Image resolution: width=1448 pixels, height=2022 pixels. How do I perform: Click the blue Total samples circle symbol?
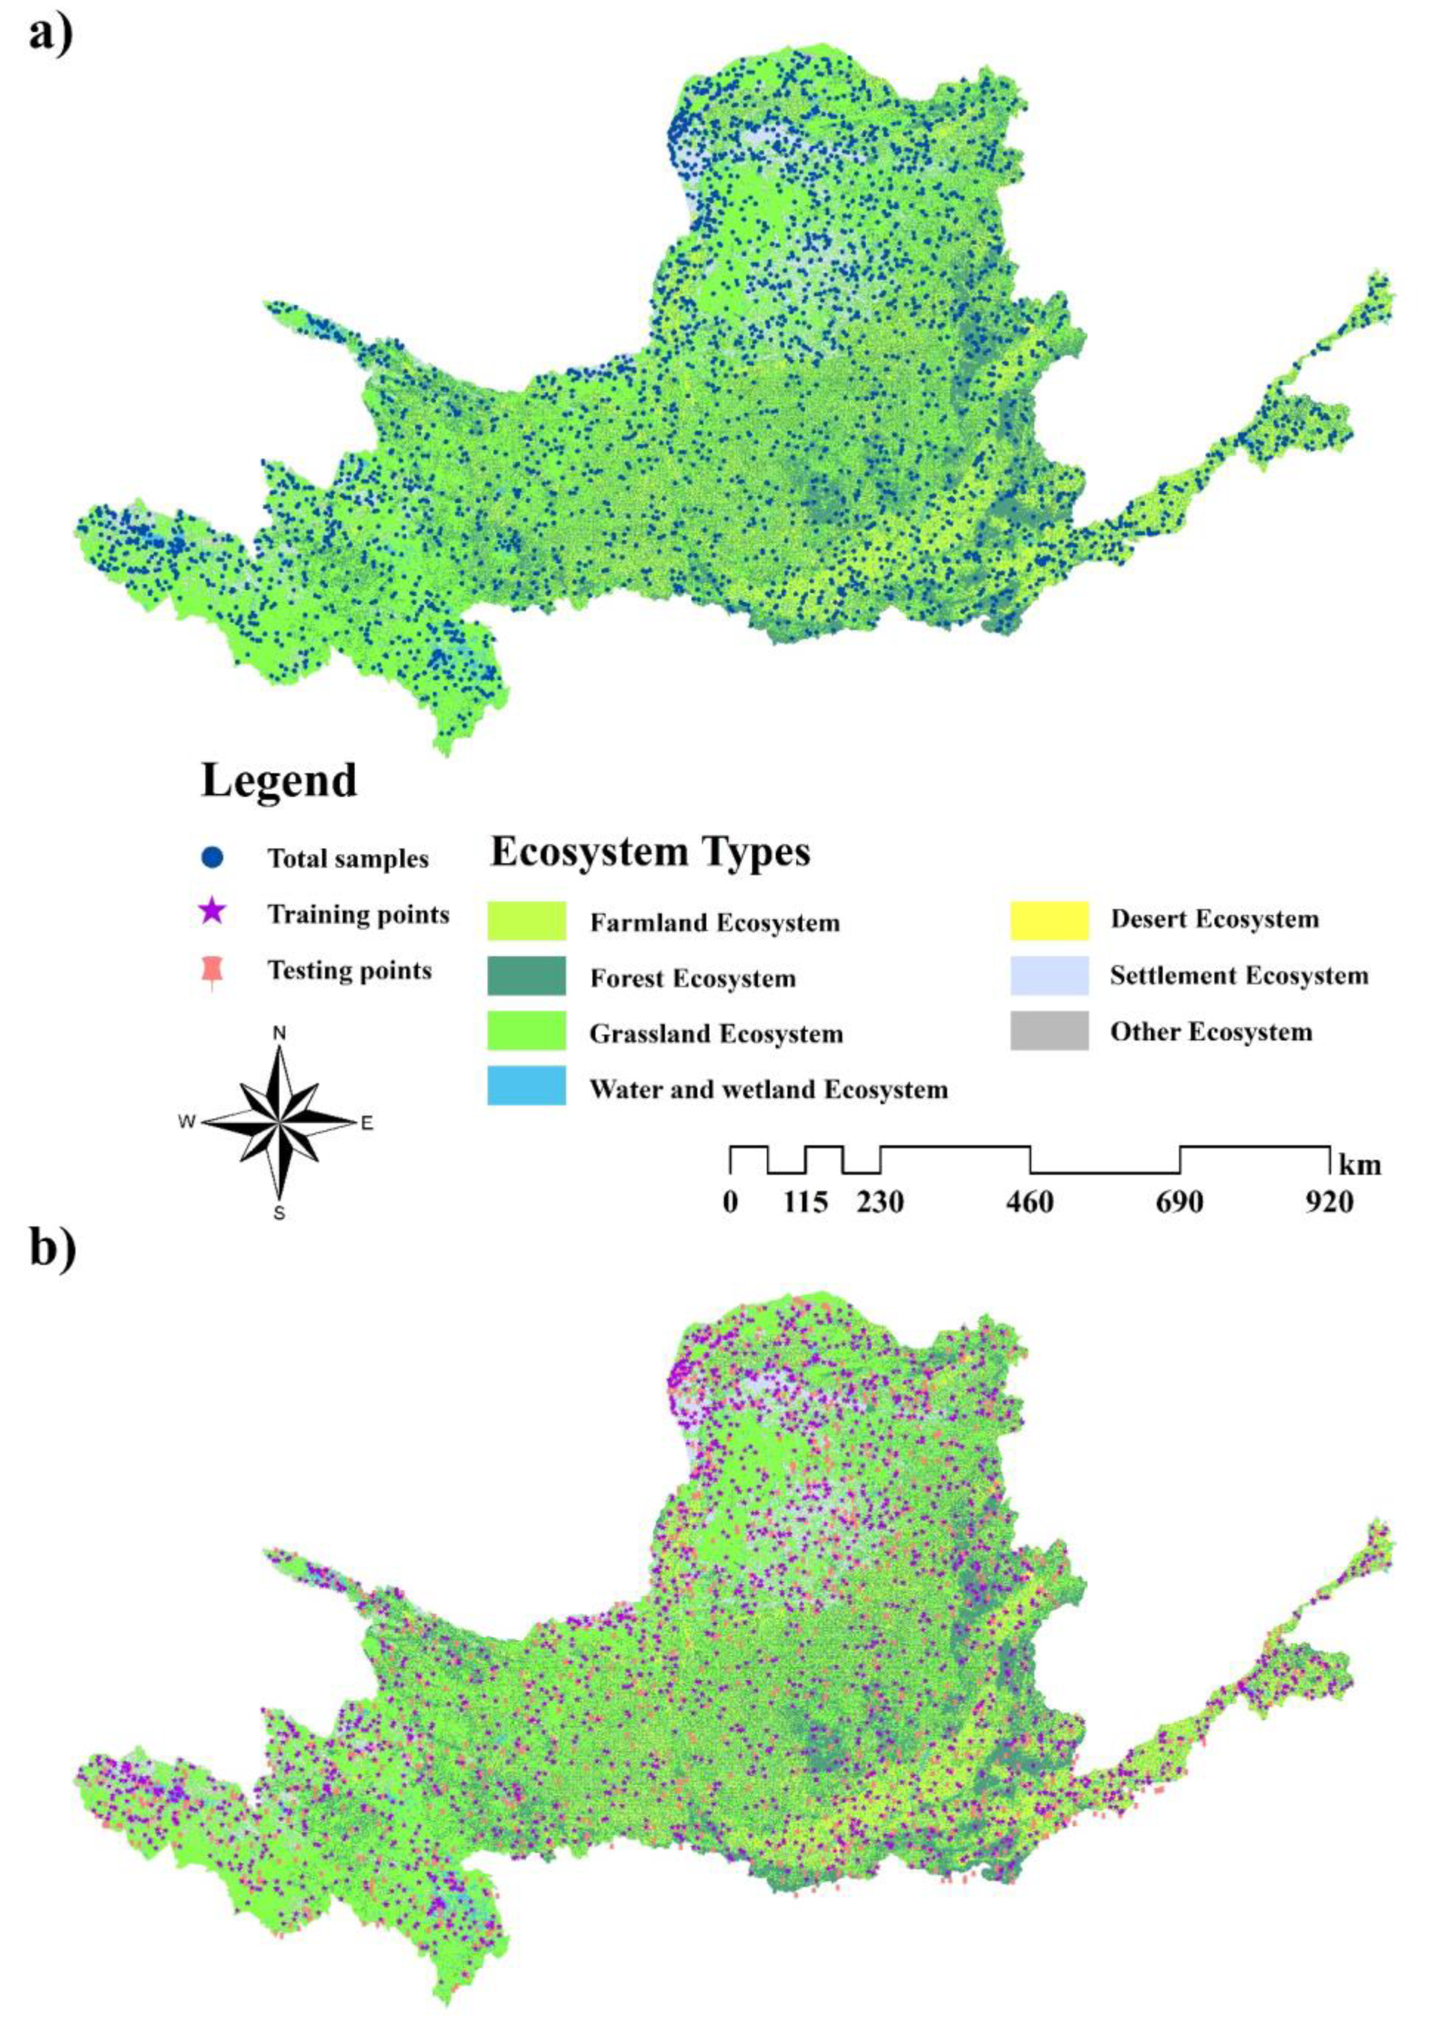coord(212,857)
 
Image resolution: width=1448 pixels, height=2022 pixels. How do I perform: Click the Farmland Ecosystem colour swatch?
coord(526,921)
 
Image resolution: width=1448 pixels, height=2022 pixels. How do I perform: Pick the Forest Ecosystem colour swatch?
coord(526,976)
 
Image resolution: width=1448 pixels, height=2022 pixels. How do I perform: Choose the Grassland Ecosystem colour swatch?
coord(526,1031)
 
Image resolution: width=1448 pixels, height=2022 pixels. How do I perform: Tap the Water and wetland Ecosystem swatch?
coord(526,1087)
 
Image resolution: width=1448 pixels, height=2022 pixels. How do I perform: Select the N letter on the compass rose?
coord(279,1033)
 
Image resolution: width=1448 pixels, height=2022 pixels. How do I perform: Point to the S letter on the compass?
coord(279,1213)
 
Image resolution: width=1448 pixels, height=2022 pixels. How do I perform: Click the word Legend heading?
coord(279,781)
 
